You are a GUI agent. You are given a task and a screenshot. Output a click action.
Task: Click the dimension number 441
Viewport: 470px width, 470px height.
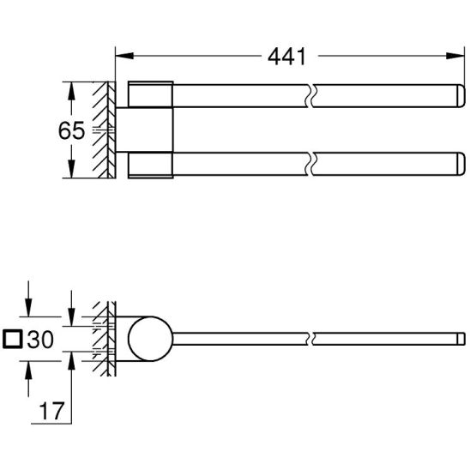(x=286, y=57)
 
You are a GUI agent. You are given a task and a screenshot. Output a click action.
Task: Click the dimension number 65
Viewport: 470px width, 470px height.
(x=71, y=130)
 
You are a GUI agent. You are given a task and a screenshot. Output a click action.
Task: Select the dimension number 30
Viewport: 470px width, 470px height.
(x=40, y=340)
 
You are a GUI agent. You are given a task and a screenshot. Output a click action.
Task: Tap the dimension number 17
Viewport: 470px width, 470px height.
(x=51, y=411)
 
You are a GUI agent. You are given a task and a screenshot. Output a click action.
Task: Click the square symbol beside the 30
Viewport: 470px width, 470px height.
(x=13, y=340)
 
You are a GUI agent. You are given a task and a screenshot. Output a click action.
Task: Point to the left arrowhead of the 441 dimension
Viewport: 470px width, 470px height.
(x=124, y=56)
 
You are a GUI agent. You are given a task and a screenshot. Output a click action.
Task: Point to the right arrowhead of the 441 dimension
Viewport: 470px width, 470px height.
(x=455, y=56)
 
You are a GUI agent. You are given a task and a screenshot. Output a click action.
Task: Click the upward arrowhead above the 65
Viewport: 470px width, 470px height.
(x=71, y=91)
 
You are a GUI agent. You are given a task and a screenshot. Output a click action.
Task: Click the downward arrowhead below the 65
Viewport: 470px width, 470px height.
(x=71, y=169)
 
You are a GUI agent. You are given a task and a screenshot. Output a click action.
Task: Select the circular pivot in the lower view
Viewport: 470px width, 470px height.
(x=150, y=339)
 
